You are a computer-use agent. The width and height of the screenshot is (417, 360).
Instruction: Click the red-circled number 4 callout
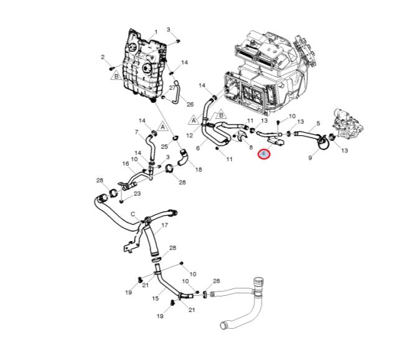[x=264, y=153]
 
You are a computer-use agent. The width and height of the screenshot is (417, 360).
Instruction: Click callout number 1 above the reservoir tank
[x=156, y=32]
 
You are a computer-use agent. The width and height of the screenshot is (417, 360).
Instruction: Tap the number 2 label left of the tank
[x=103, y=57]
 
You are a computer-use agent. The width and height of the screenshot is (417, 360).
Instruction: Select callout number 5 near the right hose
[x=318, y=123]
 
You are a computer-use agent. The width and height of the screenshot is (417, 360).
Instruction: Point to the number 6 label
[x=198, y=148]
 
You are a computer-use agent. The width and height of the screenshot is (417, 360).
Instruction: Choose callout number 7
[x=136, y=131]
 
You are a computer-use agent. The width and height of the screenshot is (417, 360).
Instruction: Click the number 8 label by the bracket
[x=251, y=148]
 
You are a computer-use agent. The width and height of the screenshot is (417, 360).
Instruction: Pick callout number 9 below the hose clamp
[x=310, y=159]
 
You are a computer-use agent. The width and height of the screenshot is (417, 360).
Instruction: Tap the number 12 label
[x=190, y=135]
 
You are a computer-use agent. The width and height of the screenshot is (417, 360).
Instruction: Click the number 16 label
[x=125, y=164]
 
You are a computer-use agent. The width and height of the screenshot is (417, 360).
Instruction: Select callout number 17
[x=165, y=225]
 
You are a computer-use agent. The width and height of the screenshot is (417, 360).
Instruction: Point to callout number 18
[x=199, y=169]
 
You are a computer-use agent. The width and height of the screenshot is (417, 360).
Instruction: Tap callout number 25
[x=165, y=146]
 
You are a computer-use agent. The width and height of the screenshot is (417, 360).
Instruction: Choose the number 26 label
[x=190, y=103]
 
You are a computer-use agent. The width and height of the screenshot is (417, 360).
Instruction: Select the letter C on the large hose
[x=133, y=214]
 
